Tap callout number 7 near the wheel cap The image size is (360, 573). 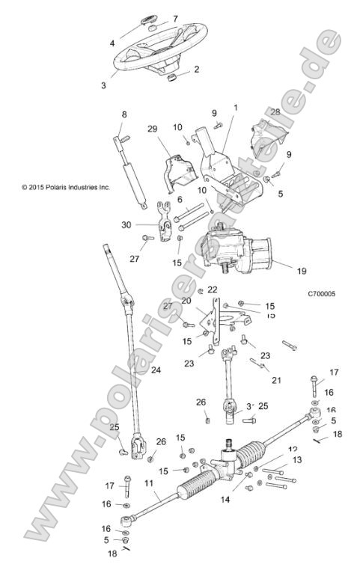click(x=174, y=19)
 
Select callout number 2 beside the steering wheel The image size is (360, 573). click(x=197, y=70)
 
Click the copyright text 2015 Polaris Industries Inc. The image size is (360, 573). click(x=66, y=188)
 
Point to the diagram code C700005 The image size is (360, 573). click(x=322, y=294)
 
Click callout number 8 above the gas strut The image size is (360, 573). click(x=124, y=114)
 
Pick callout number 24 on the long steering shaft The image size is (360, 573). click(x=156, y=370)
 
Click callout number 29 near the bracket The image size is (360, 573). click(x=153, y=130)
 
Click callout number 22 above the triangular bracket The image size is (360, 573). click(x=213, y=289)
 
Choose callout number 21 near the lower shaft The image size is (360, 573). click(x=277, y=380)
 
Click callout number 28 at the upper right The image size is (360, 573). click(x=275, y=111)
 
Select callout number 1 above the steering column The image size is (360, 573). click(x=235, y=108)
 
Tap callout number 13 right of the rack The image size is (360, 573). click(x=296, y=460)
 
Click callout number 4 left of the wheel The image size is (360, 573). click(x=112, y=43)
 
